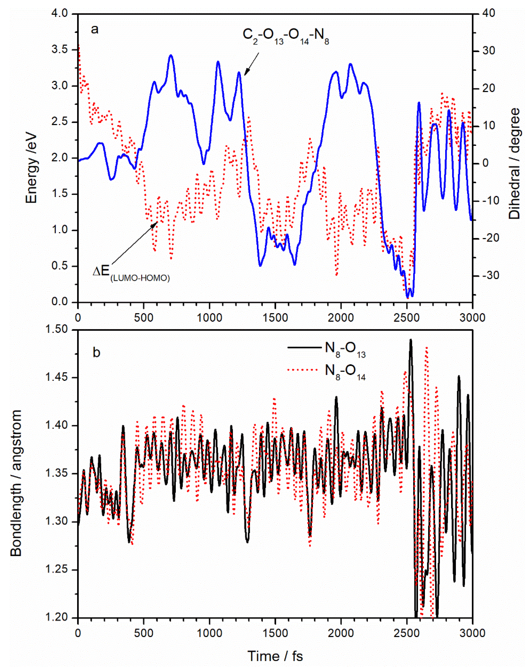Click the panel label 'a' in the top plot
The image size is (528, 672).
[95, 30]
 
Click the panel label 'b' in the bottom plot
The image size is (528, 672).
[96, 352]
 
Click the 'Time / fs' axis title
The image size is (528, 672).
[275, 656]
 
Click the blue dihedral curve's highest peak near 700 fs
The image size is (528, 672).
[171, 56]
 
